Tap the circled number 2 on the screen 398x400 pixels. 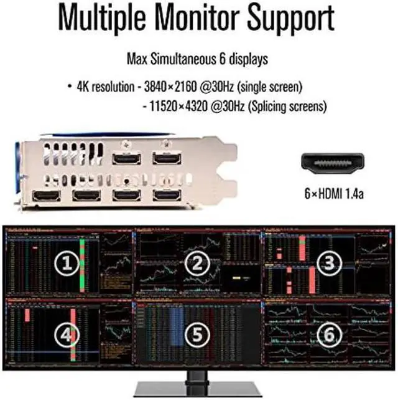coord(198,264)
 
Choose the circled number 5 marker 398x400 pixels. coord(198,335)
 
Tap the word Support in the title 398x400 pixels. coord(292,20)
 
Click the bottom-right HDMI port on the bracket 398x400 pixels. coord(166,196)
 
